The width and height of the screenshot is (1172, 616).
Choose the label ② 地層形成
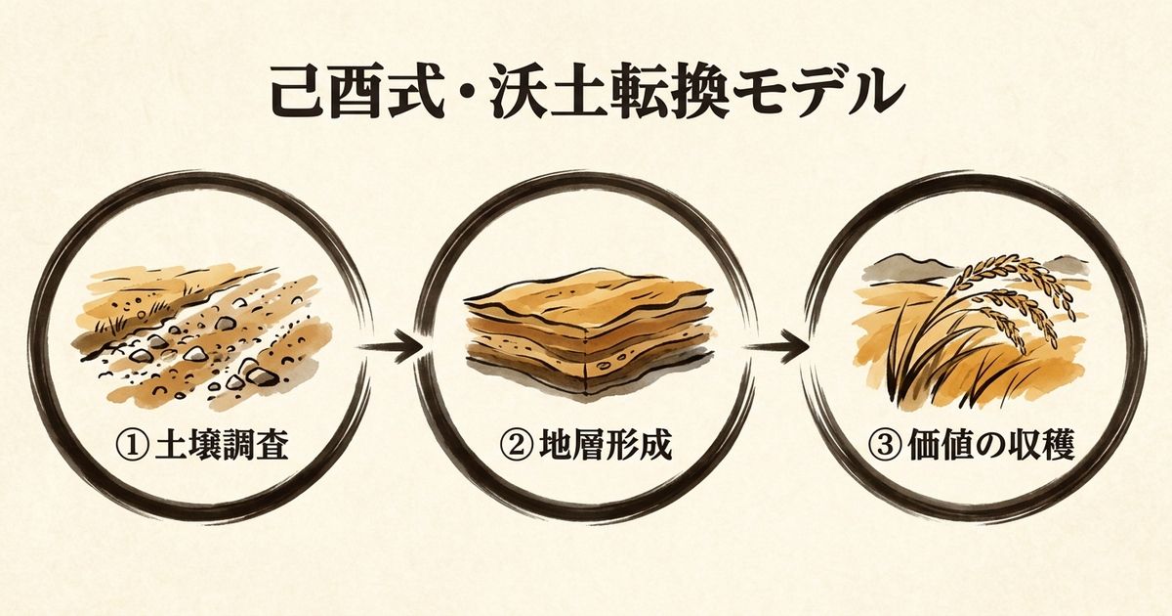pyautogui.click(x=586, y=447)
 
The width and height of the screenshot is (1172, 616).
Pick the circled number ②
pyautogui.click(x=515, y=447)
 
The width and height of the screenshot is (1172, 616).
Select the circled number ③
pyautogui.click(x=884, y=447)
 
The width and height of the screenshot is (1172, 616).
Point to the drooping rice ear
pyautogui.click(x=1016, y=293)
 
